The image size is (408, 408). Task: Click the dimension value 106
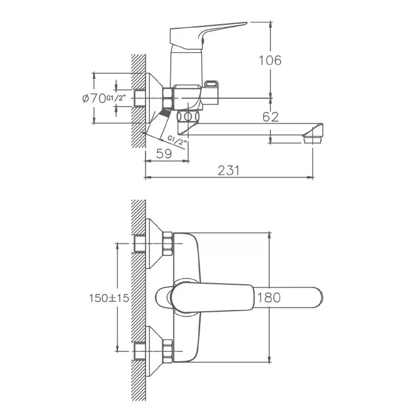[x=270, y=60]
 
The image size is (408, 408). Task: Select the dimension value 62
[x=271, y=117]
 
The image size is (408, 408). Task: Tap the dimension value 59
[x=164, y=154]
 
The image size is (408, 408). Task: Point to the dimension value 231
[x=228, y=171]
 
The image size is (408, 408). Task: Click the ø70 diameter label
[x=94, y=98]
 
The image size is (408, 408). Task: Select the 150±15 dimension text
[x=109, y=298]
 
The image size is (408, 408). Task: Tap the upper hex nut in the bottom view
[x=168, y=243]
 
